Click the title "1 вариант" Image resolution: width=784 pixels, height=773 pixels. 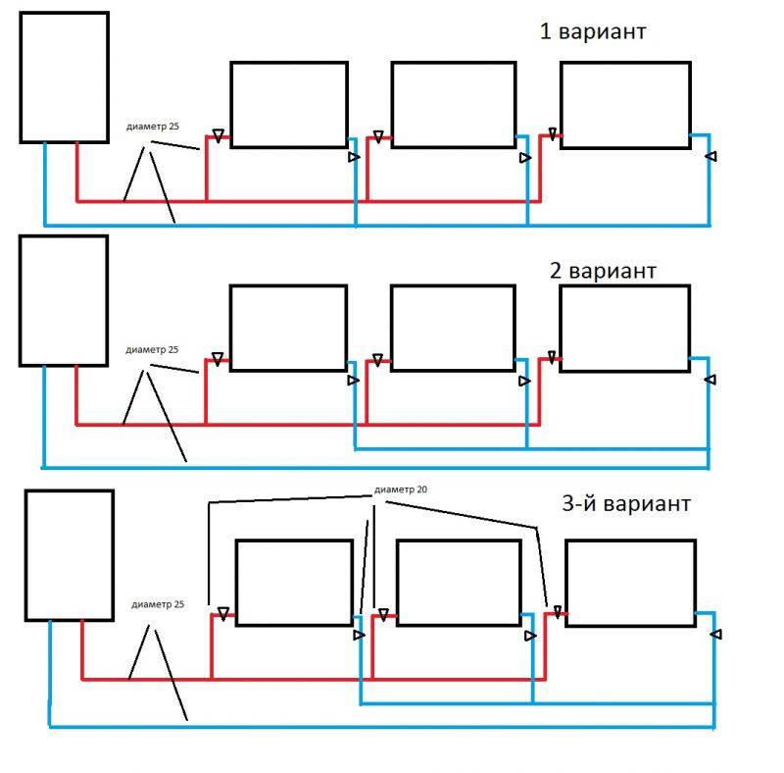(593, 31)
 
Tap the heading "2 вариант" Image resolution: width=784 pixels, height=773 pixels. (603, 271)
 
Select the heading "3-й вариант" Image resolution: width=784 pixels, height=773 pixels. (626, 503)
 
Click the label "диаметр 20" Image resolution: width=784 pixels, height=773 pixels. (401, 490)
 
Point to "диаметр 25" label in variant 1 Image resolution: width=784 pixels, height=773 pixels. (153, 127)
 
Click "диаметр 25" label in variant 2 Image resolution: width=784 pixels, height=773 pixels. (152, 349)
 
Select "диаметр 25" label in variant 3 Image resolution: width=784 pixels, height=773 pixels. (158, 604)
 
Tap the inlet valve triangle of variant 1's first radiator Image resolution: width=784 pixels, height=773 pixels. (218, 135)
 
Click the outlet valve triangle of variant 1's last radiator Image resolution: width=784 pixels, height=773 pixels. (711, 156)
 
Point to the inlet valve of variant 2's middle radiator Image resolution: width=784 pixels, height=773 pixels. (378, 360)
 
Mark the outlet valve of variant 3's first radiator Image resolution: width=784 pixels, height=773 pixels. (359, 635)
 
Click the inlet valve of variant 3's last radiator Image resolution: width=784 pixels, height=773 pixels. (558, 612)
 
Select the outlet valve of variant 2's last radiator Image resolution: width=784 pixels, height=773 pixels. (710, 380)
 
